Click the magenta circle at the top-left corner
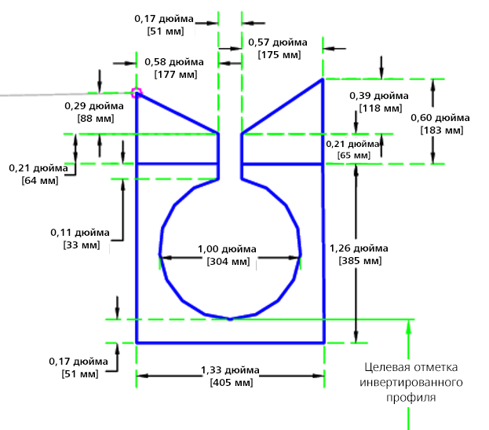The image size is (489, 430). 137,93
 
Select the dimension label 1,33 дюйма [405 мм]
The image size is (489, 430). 231,377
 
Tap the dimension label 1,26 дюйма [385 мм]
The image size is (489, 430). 356,254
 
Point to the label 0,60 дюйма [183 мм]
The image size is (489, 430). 440,123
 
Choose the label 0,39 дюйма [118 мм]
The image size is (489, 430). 374,101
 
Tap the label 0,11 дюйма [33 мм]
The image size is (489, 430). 81,238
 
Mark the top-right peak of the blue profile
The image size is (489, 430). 323,79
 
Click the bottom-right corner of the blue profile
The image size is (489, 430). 324,343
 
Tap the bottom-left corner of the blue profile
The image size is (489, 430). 137,343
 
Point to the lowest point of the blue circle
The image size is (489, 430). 229,319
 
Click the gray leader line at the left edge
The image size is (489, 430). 47,95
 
